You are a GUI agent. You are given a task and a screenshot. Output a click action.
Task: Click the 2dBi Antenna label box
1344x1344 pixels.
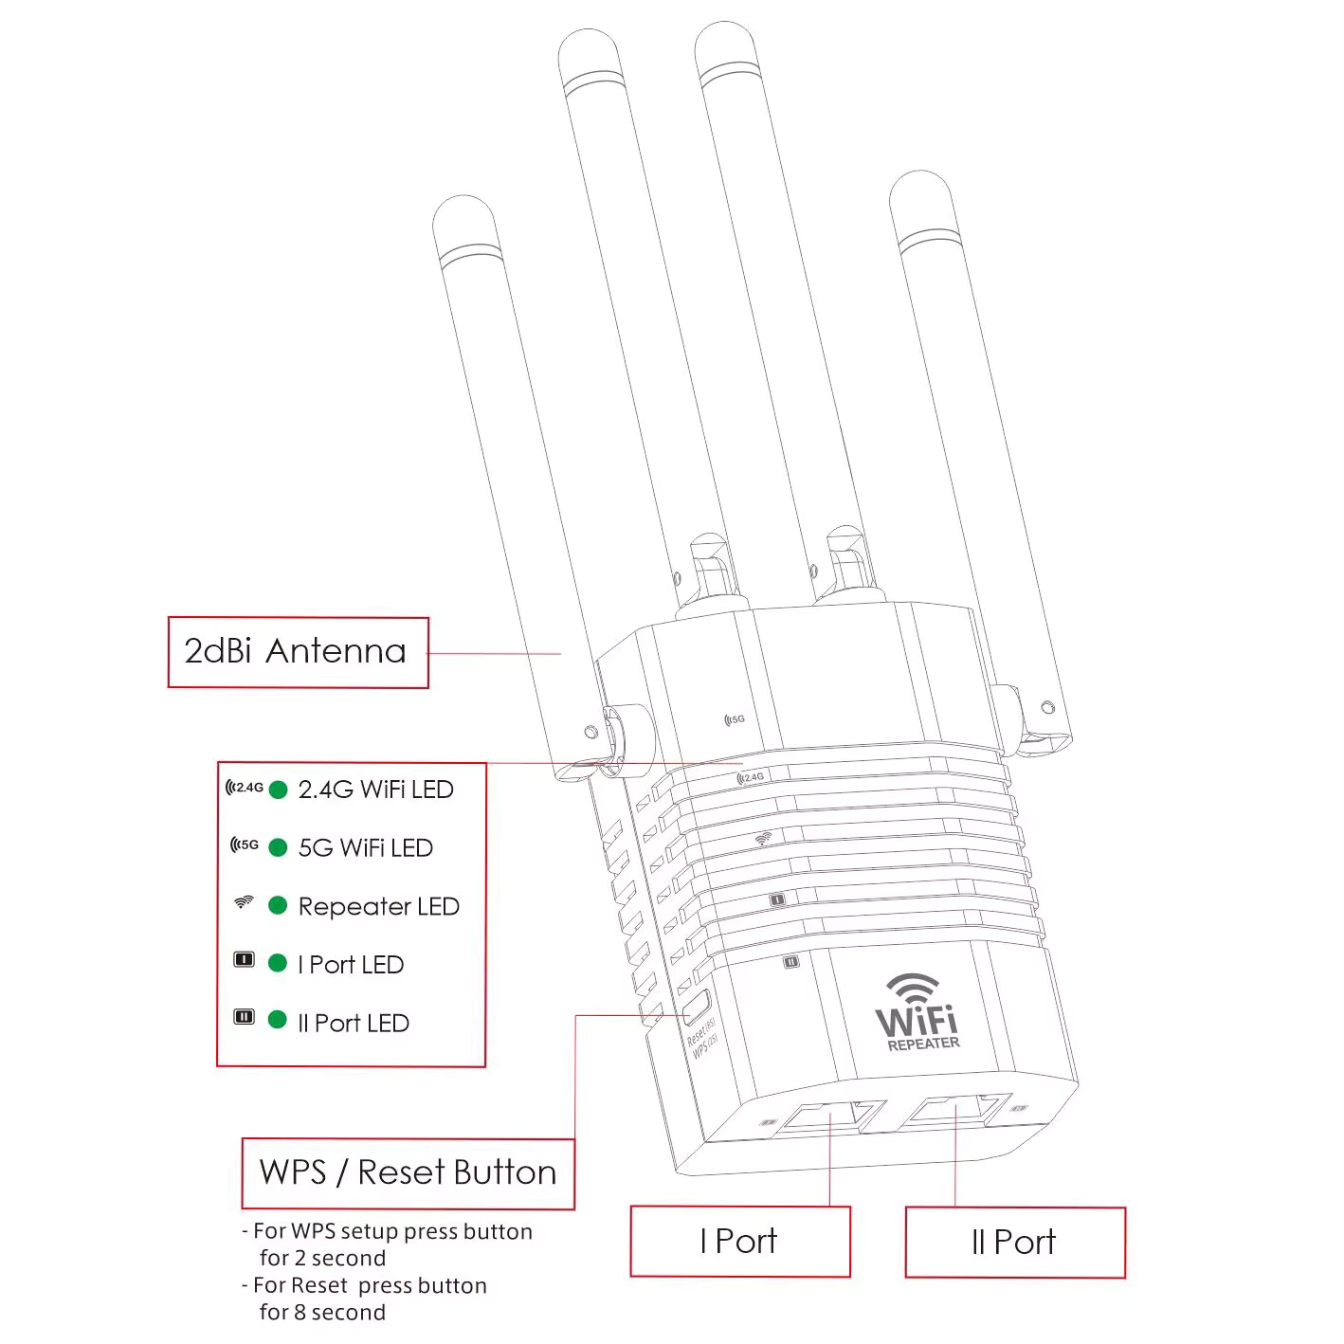(298, 652)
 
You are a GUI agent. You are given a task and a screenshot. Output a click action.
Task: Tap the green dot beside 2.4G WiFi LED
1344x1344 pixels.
(278, 790)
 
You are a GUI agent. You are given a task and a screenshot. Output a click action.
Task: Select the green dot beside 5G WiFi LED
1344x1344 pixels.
(278, 847)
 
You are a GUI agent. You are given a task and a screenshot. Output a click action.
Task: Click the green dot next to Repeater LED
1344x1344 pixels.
(278, 905)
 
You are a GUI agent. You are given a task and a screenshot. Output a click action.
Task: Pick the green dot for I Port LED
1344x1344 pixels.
(278, 963)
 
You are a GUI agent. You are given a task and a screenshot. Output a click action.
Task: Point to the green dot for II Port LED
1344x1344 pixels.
(278, 1020)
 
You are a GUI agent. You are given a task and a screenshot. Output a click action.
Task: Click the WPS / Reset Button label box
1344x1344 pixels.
(408, 1172)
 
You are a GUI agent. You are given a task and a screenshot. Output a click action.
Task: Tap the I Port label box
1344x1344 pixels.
(739, 1241)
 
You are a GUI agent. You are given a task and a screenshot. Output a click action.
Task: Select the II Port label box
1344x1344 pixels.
(1014, 1242)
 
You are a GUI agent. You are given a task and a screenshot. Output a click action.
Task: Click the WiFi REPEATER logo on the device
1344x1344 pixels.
(917, 1014)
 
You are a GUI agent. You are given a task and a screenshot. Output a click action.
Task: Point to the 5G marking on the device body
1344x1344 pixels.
(735, 719)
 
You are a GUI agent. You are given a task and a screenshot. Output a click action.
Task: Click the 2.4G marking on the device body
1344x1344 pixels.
(751, 777)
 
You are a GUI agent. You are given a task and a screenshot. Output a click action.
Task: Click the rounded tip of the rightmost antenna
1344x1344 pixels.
(919, 190)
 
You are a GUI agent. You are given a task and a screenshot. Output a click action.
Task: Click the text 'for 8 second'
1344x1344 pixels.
(322, 1313)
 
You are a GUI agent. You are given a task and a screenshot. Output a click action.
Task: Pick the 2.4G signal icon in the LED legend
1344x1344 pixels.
(245, 788)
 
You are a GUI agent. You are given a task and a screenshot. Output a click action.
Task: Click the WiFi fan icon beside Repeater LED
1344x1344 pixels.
(244, 902)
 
